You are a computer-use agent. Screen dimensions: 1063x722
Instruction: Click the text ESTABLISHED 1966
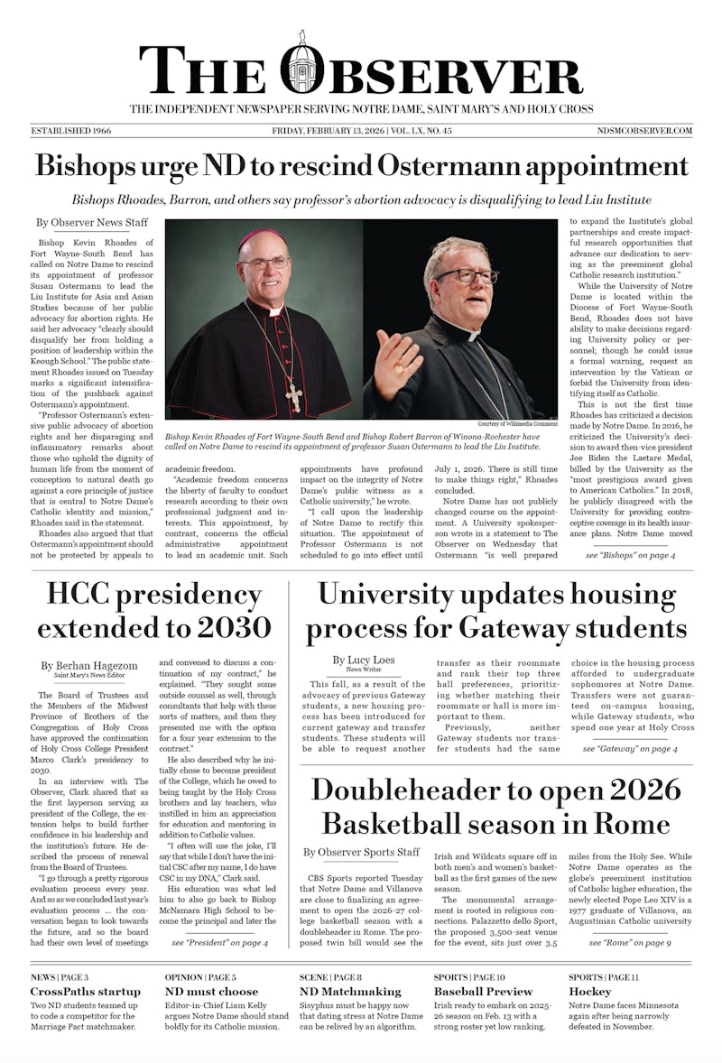click(x=71, y=131)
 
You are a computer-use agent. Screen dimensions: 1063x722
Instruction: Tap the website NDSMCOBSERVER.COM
click(x=644, y=131)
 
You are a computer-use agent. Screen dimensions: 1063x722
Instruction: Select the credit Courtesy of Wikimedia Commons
click(x=518, y=424)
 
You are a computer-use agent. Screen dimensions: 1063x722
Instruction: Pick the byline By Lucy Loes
click(x=363, y=661)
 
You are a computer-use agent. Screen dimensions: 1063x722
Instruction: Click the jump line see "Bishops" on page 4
click(x=630, y=556)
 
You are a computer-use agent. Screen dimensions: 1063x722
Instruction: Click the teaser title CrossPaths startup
click(x=86, y=992)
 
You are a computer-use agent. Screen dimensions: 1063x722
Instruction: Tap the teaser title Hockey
click(x=590, y=992)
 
